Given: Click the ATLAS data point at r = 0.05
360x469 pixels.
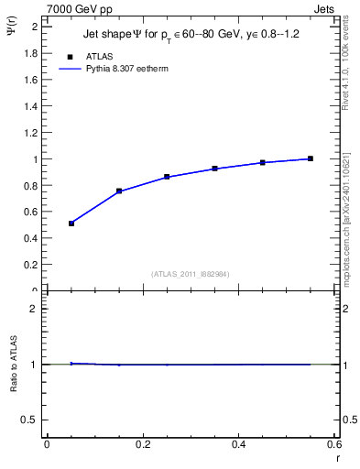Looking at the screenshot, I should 71,224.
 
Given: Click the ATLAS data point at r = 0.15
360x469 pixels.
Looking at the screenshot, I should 119,191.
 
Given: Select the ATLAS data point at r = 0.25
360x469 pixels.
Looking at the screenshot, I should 167,177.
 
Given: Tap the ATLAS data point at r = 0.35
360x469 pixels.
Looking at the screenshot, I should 214,169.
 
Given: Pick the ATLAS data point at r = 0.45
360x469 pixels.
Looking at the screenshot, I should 263,162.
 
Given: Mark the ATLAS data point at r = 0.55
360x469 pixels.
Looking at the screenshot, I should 311,158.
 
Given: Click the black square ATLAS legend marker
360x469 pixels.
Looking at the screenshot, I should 70,57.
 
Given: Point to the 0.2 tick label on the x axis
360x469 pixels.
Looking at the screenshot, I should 142,444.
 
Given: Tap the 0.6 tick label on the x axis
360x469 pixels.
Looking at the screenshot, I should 334,444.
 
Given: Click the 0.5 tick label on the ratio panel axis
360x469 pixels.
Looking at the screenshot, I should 29,420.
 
